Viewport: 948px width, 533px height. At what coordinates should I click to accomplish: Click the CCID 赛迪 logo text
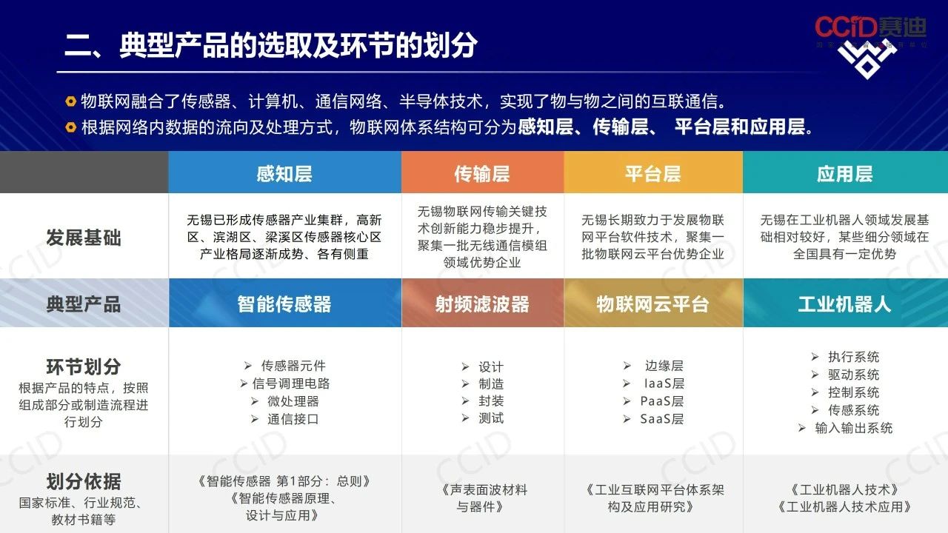coord(870,27)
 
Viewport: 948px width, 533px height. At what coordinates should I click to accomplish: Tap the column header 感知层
coord(284,174)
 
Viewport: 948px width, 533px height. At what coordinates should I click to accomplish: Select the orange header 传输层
coord(482,174)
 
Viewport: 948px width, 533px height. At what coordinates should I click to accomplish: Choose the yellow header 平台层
coord(653,174)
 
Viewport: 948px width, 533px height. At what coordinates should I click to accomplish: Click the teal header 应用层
coord(845,174)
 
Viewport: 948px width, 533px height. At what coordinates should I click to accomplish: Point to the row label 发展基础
coord(84,238)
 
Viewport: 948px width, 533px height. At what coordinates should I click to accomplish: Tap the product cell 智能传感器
coord(284,304)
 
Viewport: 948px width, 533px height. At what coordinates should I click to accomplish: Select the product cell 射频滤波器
coord(482,304)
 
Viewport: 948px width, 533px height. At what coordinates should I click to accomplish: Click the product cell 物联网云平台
coord(653,304)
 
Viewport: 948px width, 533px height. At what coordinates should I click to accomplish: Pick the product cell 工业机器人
coord(845,304)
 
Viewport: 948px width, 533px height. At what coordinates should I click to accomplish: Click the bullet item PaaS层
coord(661,401)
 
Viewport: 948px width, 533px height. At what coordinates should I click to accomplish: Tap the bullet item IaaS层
coord(664,383)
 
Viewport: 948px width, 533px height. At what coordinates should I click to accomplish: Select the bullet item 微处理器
coord(293,401)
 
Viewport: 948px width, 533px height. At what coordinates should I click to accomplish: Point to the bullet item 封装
coord(491,400)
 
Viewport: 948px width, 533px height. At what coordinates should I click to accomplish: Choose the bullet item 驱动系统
coord(854,375)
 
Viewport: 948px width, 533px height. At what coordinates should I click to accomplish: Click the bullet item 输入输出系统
coord(854,428)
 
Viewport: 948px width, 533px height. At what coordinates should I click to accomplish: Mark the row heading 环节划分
coord(84,366)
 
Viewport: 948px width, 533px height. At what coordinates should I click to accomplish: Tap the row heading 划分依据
coord(84,481)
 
